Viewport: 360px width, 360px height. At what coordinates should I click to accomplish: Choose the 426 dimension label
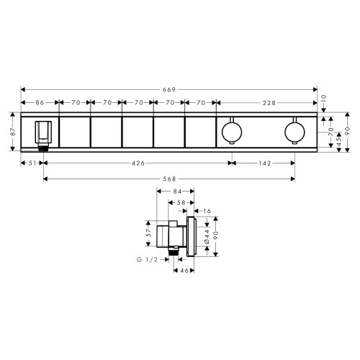click(138, 163)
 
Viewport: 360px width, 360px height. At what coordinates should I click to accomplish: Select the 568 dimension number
click(169, 178)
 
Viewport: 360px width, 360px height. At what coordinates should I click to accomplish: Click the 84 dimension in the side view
click(178, 191)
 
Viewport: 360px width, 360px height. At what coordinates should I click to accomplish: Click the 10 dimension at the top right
click(323, 96)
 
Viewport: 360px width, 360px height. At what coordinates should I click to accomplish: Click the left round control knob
click(231, 131)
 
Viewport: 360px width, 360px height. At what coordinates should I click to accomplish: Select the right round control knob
click(294, 131)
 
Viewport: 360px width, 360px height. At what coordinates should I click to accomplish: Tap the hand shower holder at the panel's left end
click(43, 132)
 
